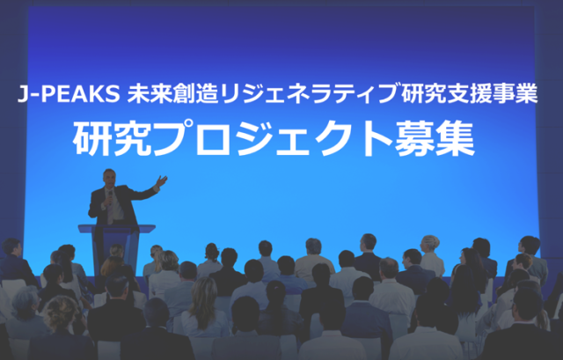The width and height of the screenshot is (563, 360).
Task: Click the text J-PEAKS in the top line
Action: point(69,93)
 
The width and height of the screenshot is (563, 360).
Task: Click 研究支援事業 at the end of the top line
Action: point(470,93)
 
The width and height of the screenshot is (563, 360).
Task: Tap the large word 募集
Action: point(435,138)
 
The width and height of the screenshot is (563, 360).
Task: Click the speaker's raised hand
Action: point(161,180)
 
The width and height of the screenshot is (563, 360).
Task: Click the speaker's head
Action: point(109,178)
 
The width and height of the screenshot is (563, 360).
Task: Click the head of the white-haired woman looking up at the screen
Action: point(430,244)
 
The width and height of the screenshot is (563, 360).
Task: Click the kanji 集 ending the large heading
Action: point(456,138)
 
